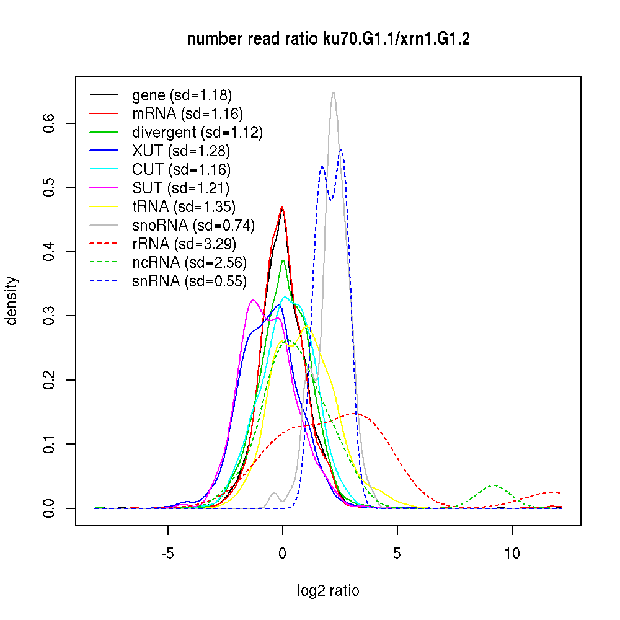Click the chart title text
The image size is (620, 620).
click(328, 39)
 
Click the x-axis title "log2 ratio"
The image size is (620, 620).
click(328, 590)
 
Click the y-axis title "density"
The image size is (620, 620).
click(12, 301)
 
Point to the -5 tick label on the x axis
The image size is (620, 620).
click(167, 554)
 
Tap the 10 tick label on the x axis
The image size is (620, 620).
click(512, 554)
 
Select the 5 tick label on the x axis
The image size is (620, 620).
click(397, 554)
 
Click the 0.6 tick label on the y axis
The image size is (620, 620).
click(49, 123)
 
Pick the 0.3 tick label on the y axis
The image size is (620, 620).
click(49, 316)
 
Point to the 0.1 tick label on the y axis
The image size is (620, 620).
click(49, 444)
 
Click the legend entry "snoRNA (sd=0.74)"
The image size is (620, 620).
click(193, 225)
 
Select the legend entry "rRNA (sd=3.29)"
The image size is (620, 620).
click(184, 244)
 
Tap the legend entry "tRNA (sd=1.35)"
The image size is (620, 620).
click(184, 206)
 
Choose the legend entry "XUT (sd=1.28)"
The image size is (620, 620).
click(181, 151)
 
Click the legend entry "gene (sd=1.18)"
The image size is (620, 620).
click(182, 95)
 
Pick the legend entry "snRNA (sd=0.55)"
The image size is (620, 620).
click(189, 281)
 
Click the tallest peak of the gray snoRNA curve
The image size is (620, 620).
click(334, 93)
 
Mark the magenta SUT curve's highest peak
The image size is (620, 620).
click(252, 300)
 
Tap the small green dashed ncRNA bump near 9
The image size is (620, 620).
click(494, 485)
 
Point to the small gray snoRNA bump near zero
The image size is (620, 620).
click(275, 493)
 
